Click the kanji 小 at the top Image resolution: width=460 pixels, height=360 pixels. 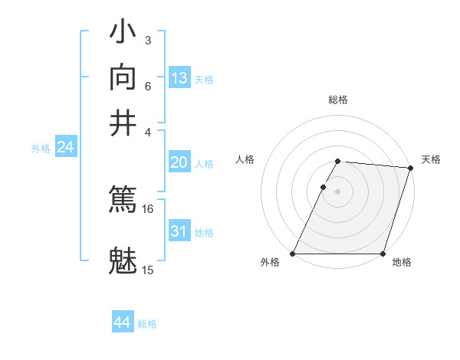(x=123, y=34)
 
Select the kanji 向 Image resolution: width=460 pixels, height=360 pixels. (x=123, y=78)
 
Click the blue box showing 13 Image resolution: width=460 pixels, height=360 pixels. (x=179, y=78)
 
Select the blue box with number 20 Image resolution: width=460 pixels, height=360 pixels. (x=179, y=162)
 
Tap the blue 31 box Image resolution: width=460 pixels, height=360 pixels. (x=179, y=231)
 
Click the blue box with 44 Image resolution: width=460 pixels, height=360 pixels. (x=123, y=322)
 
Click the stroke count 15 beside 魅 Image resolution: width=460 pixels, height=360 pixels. (x=147, y=270)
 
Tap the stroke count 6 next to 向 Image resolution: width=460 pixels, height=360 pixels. (x=147, y=86)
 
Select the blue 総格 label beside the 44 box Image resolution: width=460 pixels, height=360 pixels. (x=147, y=324)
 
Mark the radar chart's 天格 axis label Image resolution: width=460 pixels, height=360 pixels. (x=431, y=159)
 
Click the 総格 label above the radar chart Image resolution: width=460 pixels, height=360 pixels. (x=338, y=100)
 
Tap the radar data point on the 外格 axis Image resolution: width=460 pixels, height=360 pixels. (x=293, y=254)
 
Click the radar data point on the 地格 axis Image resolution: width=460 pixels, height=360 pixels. (x=383, y=254)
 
